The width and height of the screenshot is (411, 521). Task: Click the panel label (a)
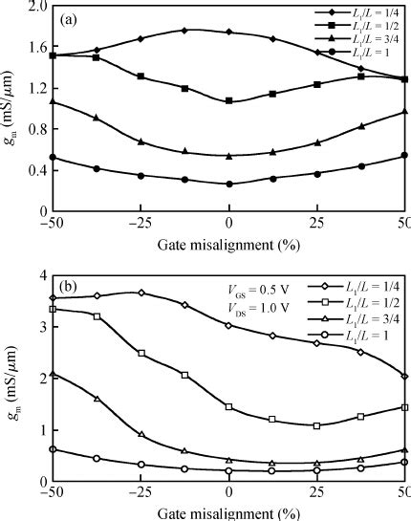tap(69, 19)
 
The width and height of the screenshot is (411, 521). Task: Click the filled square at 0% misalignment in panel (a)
tap(229, 101)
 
